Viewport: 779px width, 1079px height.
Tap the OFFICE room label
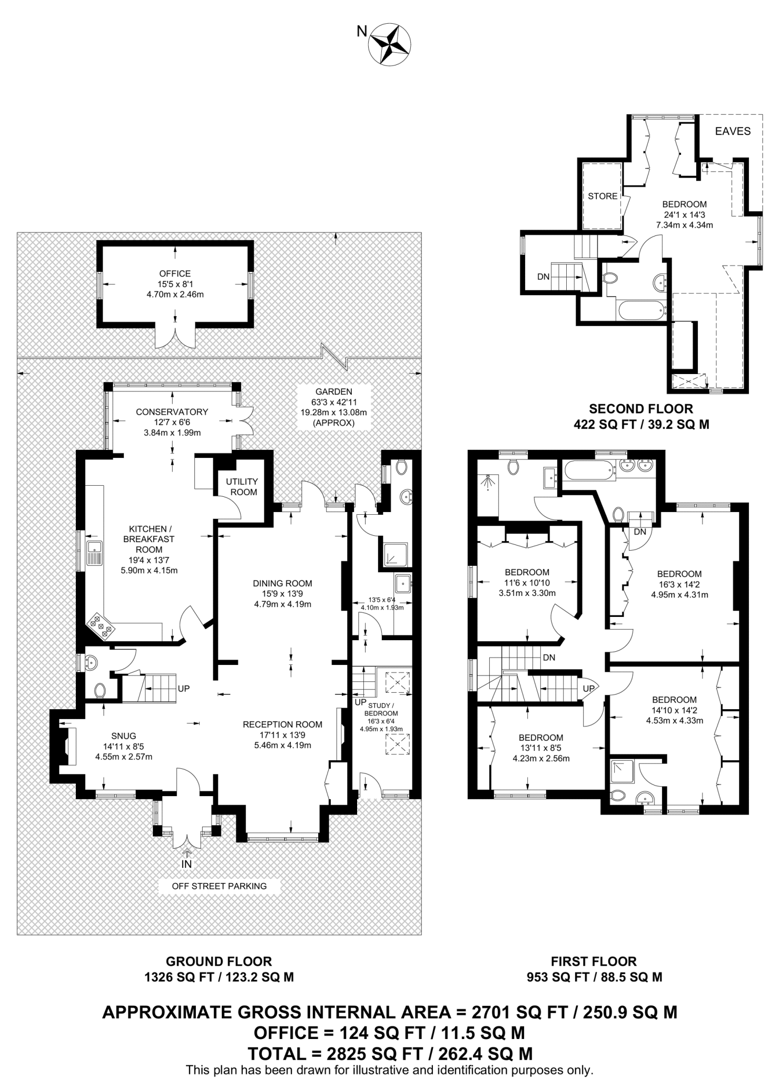click(x=175, y=273)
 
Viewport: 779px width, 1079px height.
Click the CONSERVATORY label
click(x=172, y=411)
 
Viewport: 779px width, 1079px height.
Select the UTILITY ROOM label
click(x=241, y=486)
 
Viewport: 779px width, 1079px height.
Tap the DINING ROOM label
click(x=282, y=583)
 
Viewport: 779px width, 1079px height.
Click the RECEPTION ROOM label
click(x=282, y=724)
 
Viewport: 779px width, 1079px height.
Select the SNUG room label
click(x=124, y=735)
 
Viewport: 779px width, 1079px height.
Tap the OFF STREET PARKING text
click(x=219, y=886)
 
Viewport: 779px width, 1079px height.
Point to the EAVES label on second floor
click(x=733, y=131)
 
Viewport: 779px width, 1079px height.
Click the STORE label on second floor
click(x=602, y=196)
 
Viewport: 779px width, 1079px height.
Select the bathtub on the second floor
click(x=641, y=310)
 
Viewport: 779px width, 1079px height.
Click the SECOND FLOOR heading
click(x=640, y=408)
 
